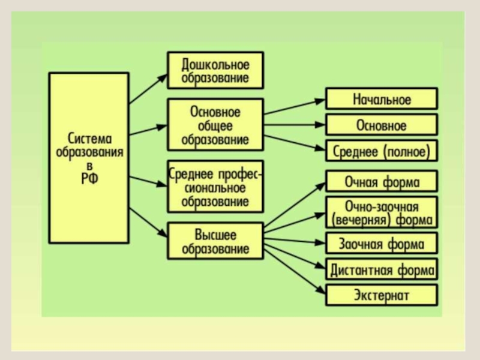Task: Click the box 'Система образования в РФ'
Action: (x=88, y=158)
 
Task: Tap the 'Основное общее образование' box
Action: (x=215, y=125)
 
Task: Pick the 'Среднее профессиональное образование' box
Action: (x=215, y=186)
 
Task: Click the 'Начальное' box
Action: (x=382, y=99)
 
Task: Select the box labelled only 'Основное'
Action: (x=382, y=125)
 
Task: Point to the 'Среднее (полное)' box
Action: (x=382, y=151)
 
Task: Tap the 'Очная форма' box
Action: (x=382, y=181)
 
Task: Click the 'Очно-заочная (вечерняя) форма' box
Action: (x=382, y=212)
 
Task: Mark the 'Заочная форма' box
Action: (x=382, y=244)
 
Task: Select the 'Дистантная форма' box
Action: (x=382, y=269)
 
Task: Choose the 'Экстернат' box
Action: (x=382, y=295)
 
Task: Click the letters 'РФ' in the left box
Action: (x=89, y=177)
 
